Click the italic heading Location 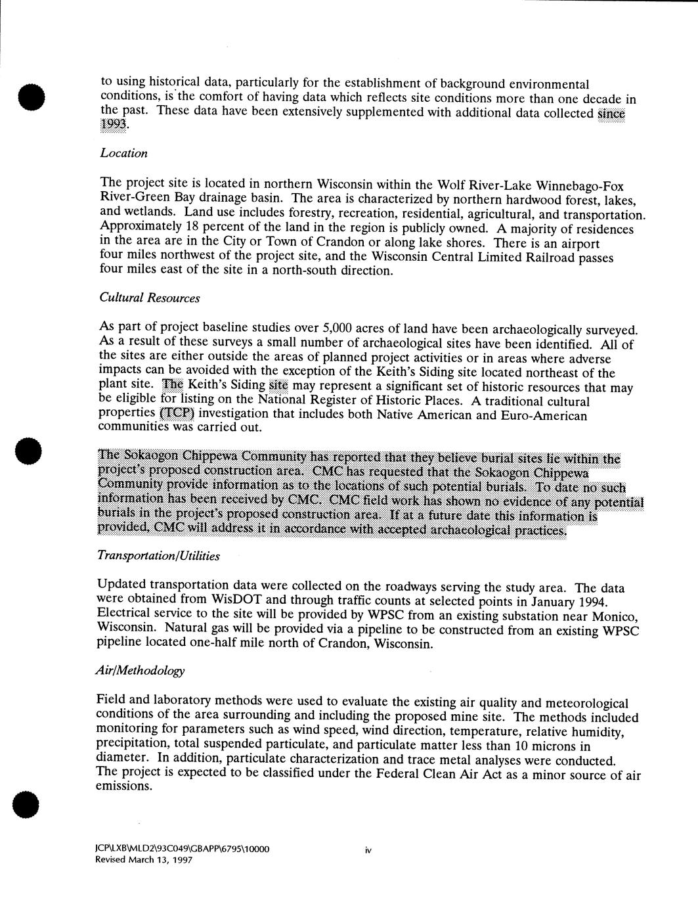point(123,153)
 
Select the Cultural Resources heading point(150,298)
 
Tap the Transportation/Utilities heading point(158,556)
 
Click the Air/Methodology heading point(140,671)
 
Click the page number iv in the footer point(368,850)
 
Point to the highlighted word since point(611,113)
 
